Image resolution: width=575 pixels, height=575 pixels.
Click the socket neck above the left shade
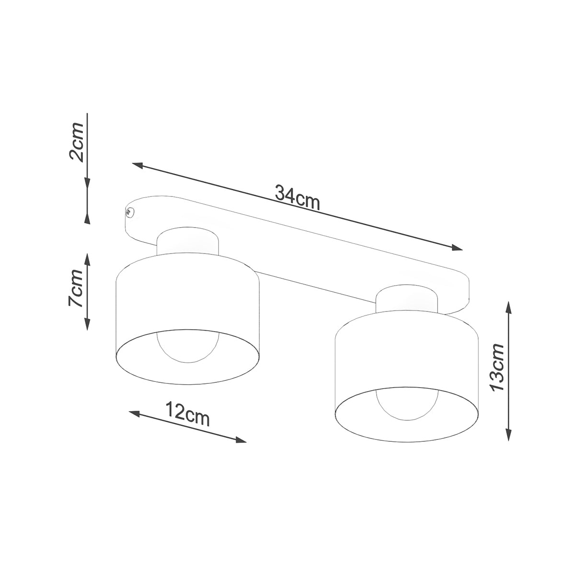coord(188,243)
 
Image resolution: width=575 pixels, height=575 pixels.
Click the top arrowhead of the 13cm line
coord(509,307)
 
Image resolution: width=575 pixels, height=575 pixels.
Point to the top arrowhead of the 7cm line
coord(87,259)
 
